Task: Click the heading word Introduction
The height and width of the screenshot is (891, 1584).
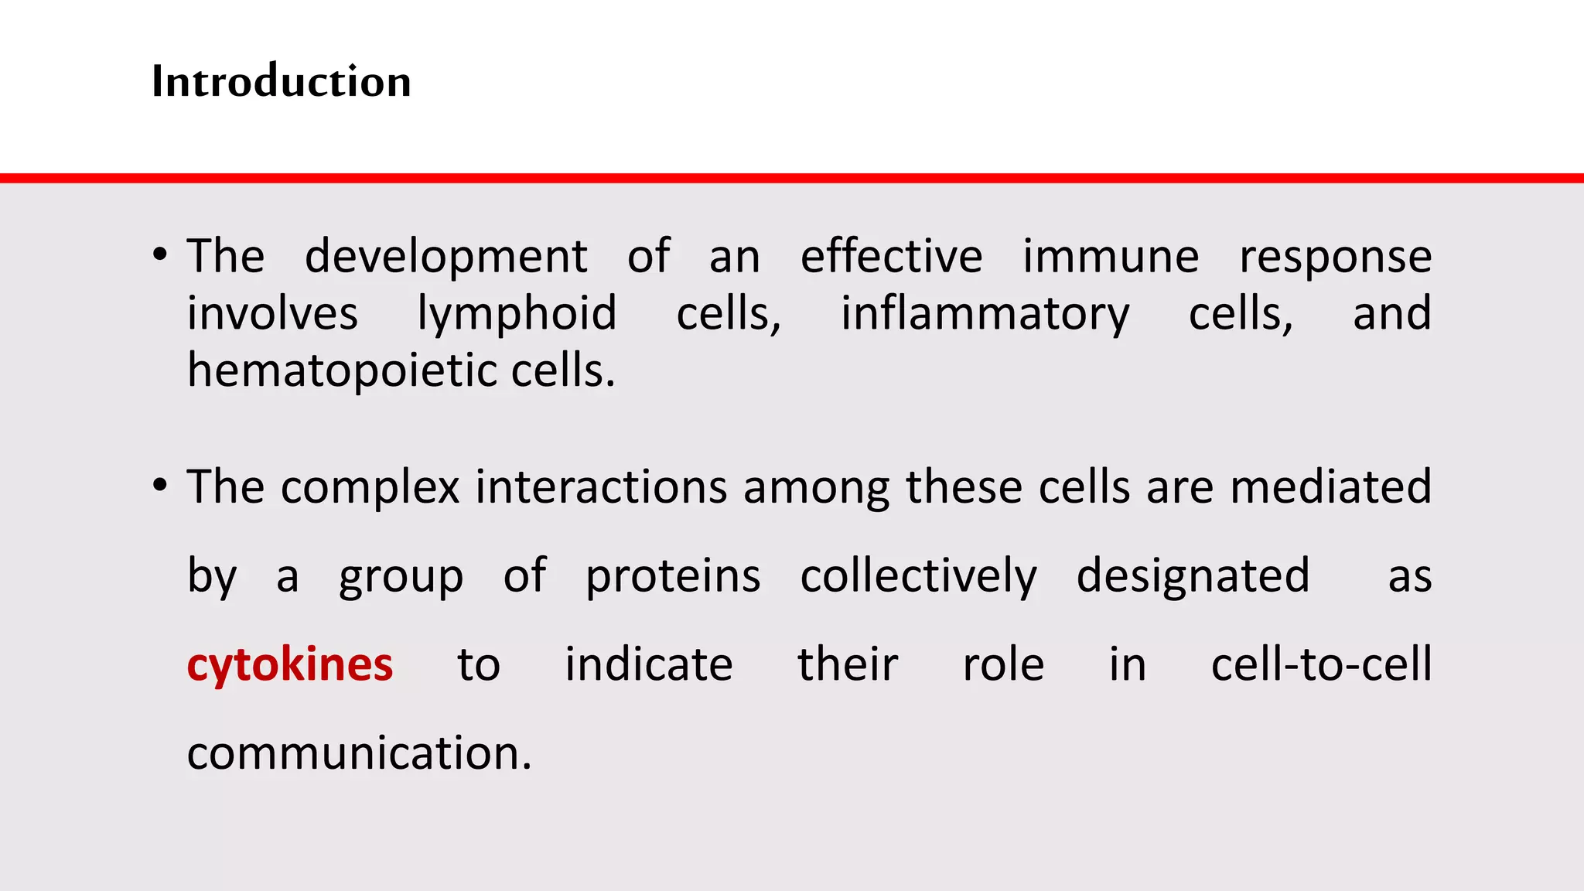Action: pos(281,81)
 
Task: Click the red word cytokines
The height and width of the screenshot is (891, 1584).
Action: pos(290,664)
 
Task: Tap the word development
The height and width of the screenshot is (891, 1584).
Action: pos(446,257)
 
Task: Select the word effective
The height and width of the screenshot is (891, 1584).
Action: pos(891,257)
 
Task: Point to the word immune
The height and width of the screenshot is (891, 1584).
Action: pos(1111,257)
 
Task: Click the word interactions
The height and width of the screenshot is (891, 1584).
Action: pos(601,487)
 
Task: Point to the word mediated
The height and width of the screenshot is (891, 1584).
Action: pos(1330,487)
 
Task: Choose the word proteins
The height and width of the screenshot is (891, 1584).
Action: pos(673,577)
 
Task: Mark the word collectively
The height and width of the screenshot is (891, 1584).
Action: pos(918,577)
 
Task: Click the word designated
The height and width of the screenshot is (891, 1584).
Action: pos(1193,577)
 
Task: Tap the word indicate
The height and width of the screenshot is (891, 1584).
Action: pos(648,664)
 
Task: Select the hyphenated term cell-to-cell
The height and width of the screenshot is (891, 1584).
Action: pos(1321,664)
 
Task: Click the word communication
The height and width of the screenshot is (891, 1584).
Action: pos(359,753)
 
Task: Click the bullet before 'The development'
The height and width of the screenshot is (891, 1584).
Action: pos(160,254)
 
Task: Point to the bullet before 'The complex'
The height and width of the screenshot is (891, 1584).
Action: pos(160,486)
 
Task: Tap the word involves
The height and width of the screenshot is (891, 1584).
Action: pos(272,314)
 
